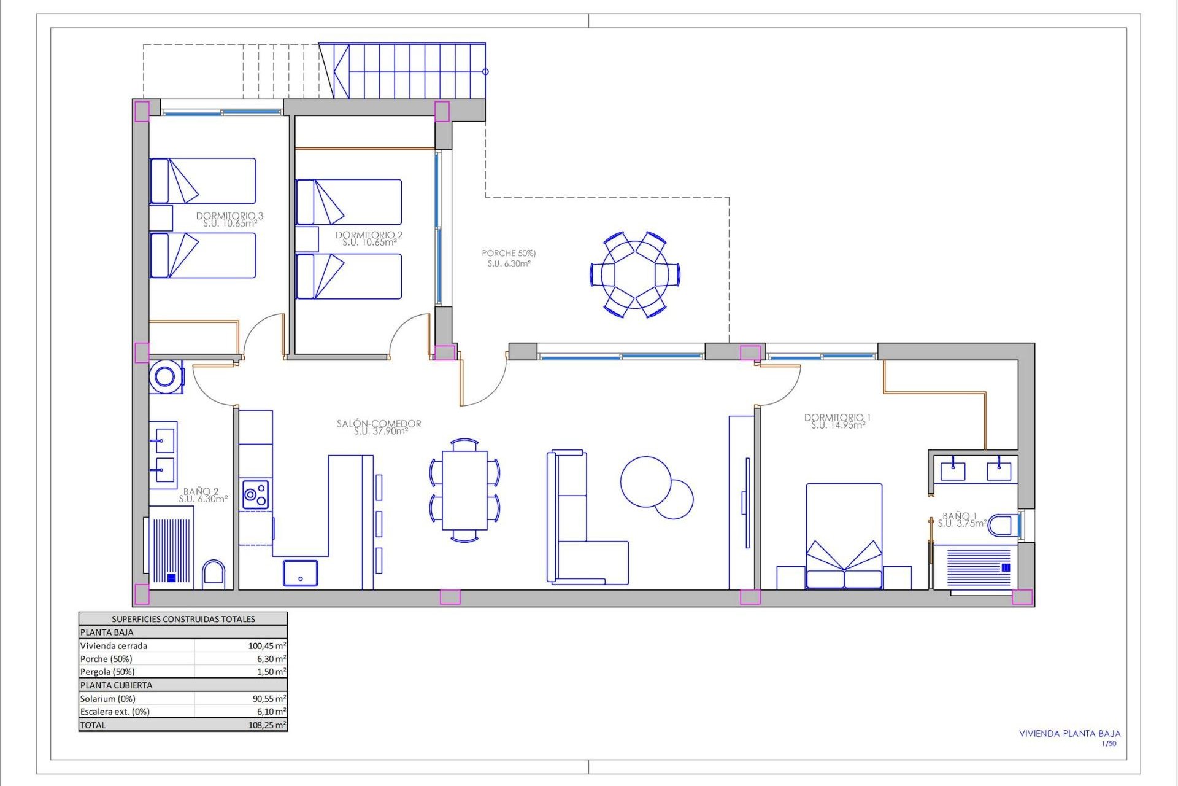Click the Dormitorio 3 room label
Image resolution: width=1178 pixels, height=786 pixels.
pos(230,219)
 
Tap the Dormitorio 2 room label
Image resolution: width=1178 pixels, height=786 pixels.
pos(369,238)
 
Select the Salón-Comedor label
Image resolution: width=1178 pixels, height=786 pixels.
pos(379,427)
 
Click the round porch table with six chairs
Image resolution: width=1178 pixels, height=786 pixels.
pos(634,274)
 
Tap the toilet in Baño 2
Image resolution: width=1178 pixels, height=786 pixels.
pos(214,574)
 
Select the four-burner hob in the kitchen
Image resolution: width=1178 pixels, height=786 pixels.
pos(256,494)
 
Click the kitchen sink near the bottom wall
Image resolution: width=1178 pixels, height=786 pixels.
pos(300,573)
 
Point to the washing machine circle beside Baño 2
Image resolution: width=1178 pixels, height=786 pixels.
pos(165,376)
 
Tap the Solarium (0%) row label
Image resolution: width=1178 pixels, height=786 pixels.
pos(108,699)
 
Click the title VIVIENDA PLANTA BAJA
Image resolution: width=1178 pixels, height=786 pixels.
pos(1069,734)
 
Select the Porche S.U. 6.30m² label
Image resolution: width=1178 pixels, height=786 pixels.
pos(509,263)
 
